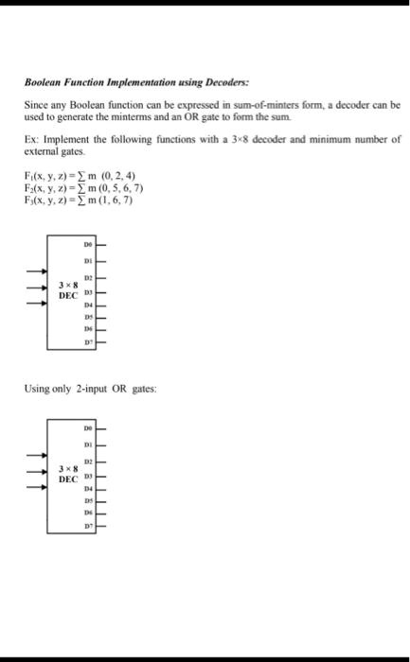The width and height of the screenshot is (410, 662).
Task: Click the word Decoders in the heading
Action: (227, 82)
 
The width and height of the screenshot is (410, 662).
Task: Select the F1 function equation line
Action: (80, 175)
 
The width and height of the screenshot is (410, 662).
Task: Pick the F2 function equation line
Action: (83, 187)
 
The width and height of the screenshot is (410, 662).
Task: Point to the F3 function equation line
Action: (79, 200)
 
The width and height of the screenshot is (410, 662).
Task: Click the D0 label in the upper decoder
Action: (88, 244)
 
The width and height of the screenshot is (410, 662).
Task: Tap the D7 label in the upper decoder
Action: (88, 342)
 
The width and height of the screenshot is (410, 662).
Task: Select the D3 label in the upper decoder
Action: (88, 292)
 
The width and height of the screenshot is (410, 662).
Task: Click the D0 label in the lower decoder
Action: (88, 428)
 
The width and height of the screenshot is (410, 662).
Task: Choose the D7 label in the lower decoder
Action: (88, 526)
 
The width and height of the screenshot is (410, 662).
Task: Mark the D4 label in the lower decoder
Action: (88, 489)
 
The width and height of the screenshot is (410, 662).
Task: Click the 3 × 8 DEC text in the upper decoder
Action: (68, 290)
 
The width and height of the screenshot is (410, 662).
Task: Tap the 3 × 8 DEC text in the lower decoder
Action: (68, 474)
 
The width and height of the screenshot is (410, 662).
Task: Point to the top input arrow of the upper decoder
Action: (37, 271)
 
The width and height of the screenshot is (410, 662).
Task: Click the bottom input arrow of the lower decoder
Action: (37, 487)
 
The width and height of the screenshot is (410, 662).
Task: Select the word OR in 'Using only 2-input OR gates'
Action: (119, 389)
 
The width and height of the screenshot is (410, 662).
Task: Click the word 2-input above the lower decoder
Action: (91, 389)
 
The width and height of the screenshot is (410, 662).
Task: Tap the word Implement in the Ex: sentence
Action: (66, 140)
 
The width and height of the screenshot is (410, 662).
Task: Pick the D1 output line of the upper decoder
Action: (100, 261)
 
